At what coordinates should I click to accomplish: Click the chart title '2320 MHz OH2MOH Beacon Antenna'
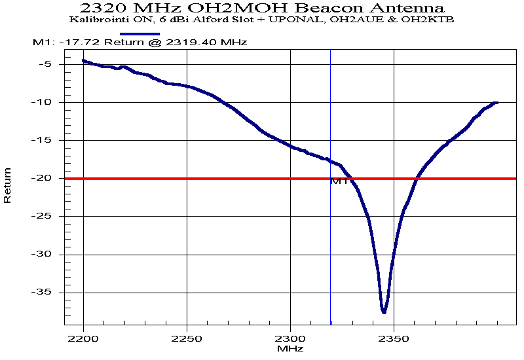[x=262, y=8]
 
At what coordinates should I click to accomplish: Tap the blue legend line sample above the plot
[x=140, y=33]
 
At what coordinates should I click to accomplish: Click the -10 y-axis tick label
[x=44, y=102]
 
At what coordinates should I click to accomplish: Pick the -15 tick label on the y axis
[x=44, y=140]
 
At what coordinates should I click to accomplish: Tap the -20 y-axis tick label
[x=44, y=178]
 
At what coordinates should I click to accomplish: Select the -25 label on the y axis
[x=44, y=216]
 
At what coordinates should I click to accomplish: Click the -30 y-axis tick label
[x=44, y=254]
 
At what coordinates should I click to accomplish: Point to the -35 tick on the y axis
[x=44, y=292]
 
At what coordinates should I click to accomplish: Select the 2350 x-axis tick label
[x=394, y=339]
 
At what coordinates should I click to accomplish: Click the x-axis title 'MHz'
[x=290, y=350]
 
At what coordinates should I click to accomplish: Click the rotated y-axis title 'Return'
[x=8, y=185]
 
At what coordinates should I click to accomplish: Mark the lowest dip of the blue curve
[x=384, y=312]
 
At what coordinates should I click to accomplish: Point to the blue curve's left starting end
[x=83, y=60]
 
